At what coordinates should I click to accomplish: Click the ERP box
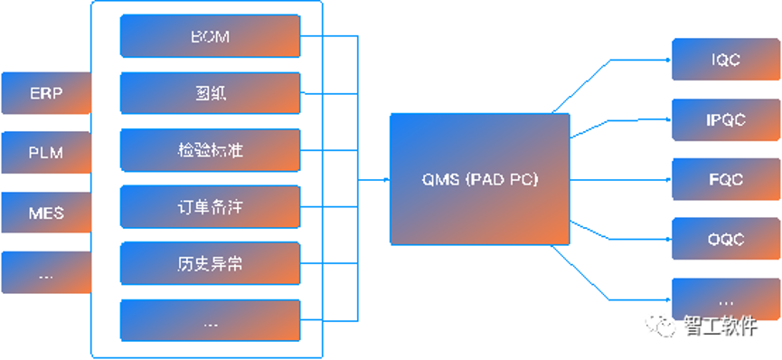(46, 93)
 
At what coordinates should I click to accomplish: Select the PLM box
(46, 152)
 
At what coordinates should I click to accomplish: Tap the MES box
(46, 213)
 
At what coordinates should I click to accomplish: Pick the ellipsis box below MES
(46, 272)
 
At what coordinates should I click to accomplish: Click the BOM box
(210, 37)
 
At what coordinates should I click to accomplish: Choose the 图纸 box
(210, 93)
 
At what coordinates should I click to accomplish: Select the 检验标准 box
(210, 150)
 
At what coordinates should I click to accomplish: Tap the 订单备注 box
(210, 207)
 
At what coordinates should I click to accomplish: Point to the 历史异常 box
(210, 264)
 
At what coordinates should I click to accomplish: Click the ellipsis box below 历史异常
(210, 322)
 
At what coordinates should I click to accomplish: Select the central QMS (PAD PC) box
(480, 179)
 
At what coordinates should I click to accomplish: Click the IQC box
(726, 60)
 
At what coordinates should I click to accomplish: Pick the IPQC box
(726, 119)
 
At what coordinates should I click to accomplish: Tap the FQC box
(726, 179)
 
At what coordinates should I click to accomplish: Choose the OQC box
(726, 239)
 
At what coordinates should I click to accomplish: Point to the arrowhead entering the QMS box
(386, 179)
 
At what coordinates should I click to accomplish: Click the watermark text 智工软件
(720, 326)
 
